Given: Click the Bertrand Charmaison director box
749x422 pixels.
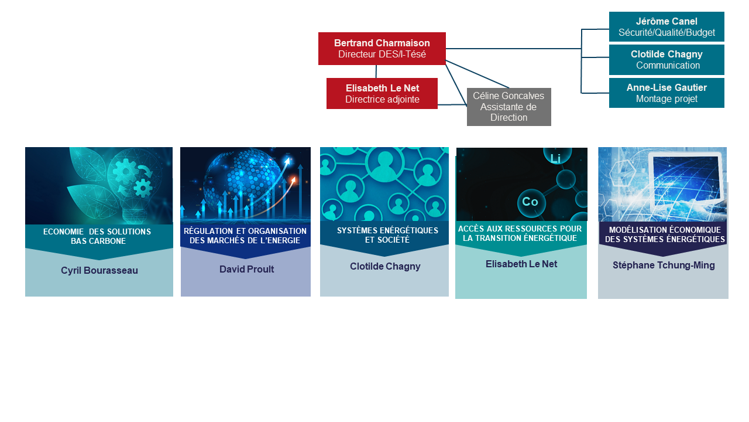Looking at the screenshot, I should coord(382,49).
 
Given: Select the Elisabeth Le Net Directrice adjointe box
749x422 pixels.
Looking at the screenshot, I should coord(382,94).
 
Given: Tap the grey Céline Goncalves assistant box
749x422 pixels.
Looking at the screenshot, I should coord(509,107).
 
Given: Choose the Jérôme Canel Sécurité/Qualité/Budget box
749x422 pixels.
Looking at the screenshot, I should coord(666,27).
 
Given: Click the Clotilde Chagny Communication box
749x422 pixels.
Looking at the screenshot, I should coord(666,60).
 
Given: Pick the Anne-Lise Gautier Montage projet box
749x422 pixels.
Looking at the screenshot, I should coord(666,93).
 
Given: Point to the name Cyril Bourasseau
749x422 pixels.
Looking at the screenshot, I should coord(99,271).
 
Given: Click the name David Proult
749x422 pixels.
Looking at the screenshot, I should coord(246,270).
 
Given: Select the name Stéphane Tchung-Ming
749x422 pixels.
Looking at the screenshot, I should coord(664,266).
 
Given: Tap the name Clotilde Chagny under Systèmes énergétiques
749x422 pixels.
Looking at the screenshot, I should coord(385,267).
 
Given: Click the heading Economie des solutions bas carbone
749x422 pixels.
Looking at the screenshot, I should coord(97,236).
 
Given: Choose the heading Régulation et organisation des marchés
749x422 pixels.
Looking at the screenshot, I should coord(245,236).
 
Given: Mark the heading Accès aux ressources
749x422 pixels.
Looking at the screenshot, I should coord(520,233).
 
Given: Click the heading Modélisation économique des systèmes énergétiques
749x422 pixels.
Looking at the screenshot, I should coord(665,234).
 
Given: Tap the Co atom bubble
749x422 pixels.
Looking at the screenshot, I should coord(530,202).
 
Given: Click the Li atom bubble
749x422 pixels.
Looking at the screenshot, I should coord(555,157).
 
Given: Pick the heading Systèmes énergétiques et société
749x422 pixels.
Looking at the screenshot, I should coord(387,235).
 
